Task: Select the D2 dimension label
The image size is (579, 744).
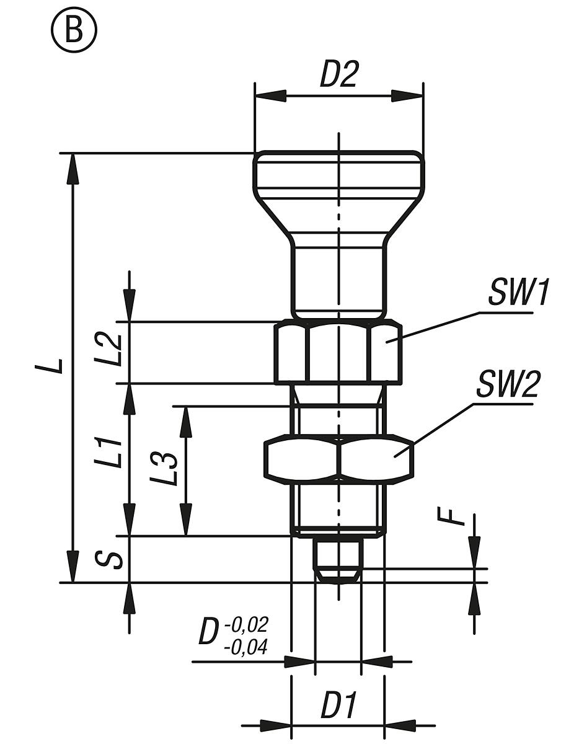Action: point(338,74)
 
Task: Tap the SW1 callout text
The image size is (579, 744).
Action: point(517,292)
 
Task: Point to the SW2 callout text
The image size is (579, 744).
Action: point(507,384)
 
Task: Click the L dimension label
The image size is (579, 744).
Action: point(49,366)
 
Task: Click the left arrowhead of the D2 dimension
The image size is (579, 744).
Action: point(270,96)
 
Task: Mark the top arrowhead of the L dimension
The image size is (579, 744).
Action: point(73,169)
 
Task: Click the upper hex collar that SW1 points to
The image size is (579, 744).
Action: point(338,352)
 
